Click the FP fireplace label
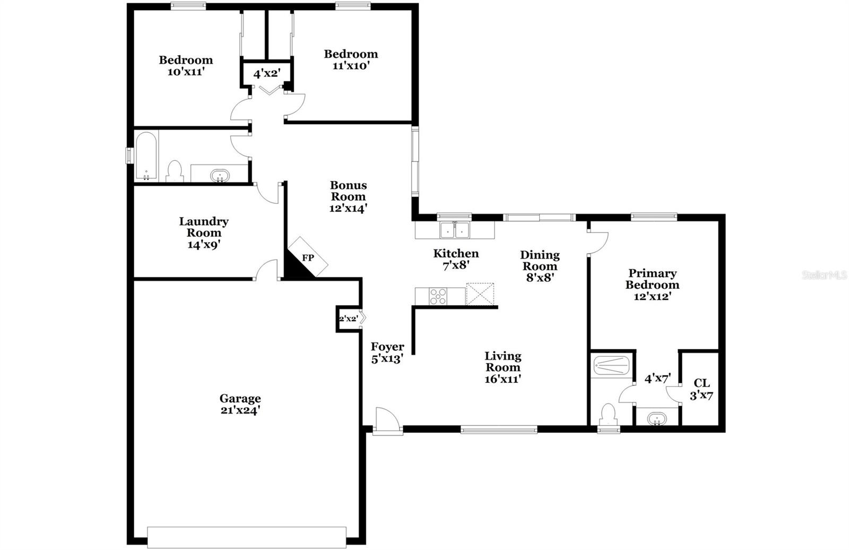[308, 258]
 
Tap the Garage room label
[240, 398]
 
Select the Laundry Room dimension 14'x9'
[204, 245]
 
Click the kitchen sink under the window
[454, 230]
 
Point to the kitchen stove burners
[438, 296]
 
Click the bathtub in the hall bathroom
[146, 156]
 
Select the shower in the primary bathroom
[611, 366]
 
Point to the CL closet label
[701, 383]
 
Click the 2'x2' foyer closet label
[348, 319]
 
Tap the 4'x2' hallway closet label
[267, 73]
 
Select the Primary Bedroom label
[652, 279]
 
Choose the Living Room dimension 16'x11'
[503, 379]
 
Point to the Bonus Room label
[348, 191]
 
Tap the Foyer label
[387, 347]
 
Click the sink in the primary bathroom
[657, 419]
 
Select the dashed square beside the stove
[480, 294]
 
